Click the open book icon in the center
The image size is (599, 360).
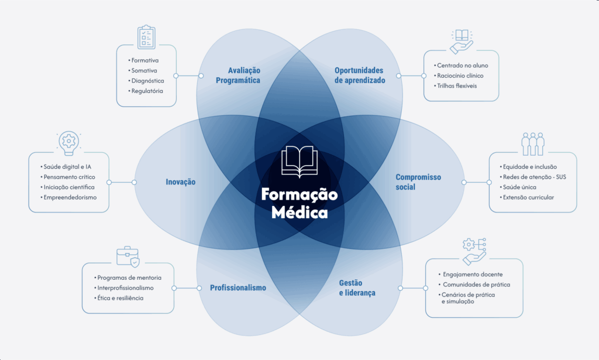point(299,162)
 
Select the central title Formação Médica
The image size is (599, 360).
point(299,203)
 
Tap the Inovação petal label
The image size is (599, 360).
point(181,182)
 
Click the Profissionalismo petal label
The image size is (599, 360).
point(238,288)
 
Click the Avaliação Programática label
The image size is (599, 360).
point(238,76)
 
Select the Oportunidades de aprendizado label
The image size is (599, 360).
point(360,76)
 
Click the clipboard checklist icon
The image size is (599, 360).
point(146,37)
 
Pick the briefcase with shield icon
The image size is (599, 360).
point(128,256)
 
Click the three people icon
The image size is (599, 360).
point(533,144)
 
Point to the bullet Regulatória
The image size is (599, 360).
point(146,91)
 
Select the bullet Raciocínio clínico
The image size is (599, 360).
point(459,76)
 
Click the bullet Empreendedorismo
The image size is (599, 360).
point(69,198)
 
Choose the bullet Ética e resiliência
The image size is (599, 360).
point(119,298)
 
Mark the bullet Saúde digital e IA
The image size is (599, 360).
point(66,167)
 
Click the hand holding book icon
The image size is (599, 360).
point(462,42)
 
